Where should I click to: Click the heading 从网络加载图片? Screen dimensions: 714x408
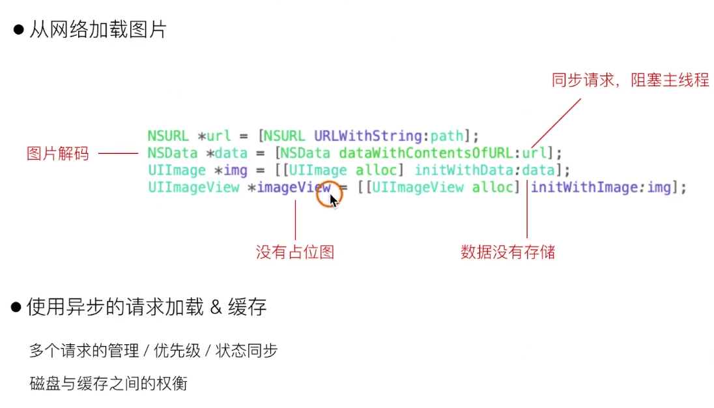pos(98,30)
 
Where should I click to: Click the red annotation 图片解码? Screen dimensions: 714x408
pos(57,154)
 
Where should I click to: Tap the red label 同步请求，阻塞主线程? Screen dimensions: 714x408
pos(630,81)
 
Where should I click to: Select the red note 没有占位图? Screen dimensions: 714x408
pos(295,252)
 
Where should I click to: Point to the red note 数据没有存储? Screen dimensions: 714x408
pos(507,252)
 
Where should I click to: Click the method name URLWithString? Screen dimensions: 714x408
pos(368,136)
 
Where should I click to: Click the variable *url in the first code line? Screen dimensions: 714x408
pos(214,136)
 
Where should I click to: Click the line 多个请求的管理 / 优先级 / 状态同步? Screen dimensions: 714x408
pos(153,351)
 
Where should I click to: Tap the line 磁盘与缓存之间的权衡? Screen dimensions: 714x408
pos(108,383)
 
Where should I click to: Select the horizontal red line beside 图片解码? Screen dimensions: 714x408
pos(118,154)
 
